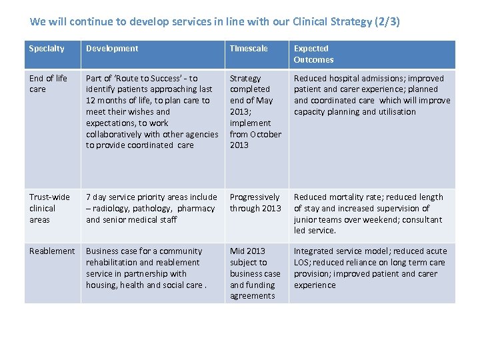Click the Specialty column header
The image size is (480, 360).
click(47, 49)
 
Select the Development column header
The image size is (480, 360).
click(112, 49)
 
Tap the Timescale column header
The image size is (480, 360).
click(249, 49)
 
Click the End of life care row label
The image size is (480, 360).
click(48, 83)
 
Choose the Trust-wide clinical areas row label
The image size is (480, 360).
click(49, 208)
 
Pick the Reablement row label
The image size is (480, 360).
click(52, 251)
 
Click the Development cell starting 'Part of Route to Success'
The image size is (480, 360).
click(151, 111)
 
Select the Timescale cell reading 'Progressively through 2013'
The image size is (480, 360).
click(255, 203)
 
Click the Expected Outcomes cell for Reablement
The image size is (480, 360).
click(370, 268)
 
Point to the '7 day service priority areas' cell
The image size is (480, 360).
click(151, 208)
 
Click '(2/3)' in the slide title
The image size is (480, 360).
click(387, 21)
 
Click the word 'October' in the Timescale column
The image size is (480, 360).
click(265, 134)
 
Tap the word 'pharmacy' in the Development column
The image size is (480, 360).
click(196, 209)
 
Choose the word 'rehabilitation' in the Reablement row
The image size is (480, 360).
click(109, 263)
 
